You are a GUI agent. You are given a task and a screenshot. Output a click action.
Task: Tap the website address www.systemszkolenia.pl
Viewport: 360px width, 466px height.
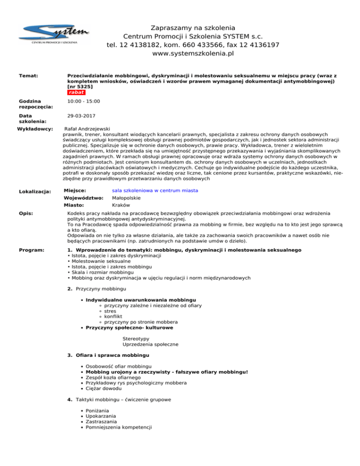click(193, 53)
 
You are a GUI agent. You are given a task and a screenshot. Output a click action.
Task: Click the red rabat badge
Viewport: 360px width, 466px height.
click(76, 92)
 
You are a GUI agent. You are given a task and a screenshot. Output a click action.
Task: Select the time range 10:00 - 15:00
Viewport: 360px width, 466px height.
click(83, 101)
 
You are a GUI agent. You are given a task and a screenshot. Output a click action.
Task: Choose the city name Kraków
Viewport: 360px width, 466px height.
click(121, 205)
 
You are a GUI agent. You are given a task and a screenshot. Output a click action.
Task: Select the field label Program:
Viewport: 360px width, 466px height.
click(31, 251)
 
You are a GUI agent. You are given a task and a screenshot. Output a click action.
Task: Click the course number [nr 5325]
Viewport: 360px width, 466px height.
click(80, 87)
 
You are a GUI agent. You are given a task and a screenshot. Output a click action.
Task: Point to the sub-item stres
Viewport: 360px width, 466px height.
click(110, 311)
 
